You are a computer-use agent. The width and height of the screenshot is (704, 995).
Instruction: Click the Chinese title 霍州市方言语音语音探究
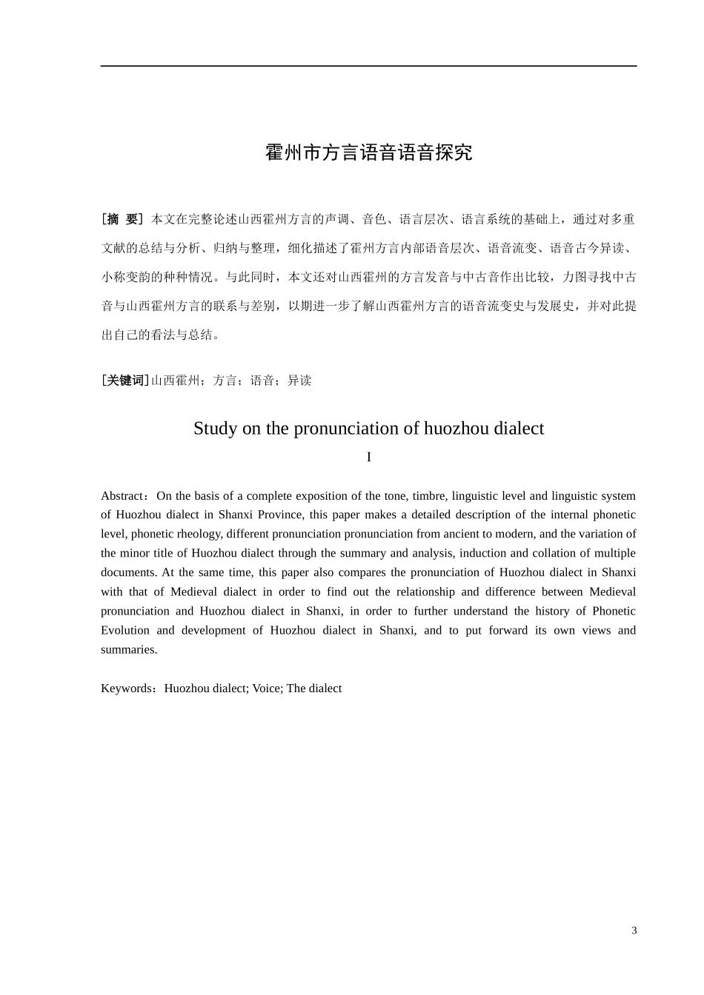368,153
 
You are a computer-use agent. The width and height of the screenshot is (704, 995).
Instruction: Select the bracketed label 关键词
125,381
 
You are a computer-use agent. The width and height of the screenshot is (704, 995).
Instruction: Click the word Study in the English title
216,429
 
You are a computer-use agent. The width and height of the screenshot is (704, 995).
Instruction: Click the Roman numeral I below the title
368,458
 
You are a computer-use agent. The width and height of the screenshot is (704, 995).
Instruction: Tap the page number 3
634,931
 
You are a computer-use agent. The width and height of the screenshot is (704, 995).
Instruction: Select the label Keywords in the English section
126,689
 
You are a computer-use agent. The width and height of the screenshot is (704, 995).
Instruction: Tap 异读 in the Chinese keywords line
299,381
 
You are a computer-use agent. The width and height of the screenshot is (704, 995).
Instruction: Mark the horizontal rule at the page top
368,66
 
